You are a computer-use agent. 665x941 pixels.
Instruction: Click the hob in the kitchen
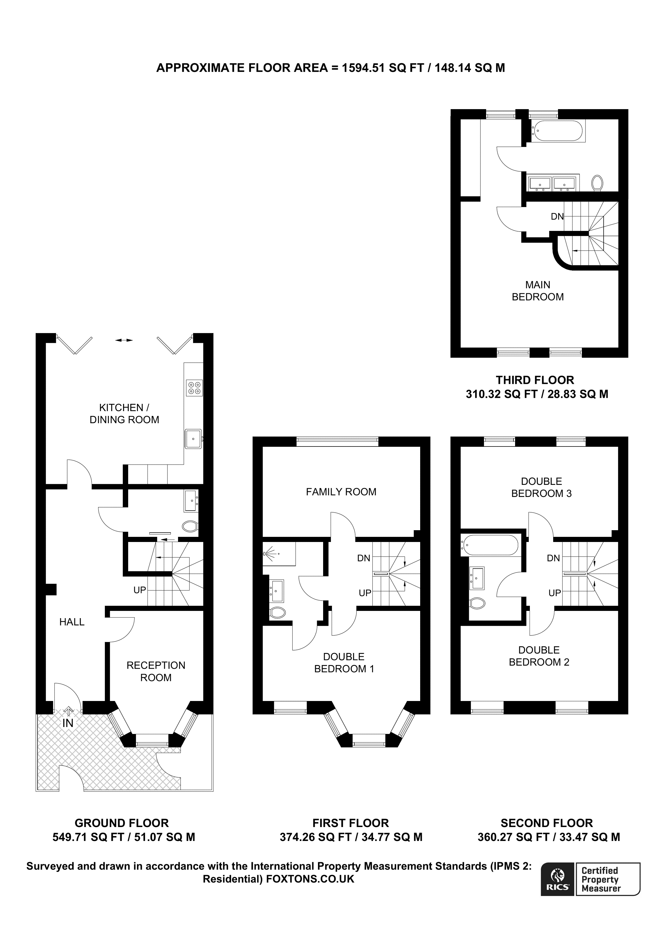point(194,388)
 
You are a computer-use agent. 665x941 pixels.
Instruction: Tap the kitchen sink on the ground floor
point(193,439)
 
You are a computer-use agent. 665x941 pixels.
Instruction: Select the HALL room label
point(72,622)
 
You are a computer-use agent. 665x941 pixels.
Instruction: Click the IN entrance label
point(68,723)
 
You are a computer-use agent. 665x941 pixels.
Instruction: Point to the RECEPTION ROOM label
point(156,671)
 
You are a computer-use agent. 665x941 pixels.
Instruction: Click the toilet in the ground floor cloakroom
point(190,526)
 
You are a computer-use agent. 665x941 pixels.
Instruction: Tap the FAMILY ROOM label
point(341,492)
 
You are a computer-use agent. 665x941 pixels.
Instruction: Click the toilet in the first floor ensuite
point(277,613)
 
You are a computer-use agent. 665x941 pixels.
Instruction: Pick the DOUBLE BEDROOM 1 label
point(344,663)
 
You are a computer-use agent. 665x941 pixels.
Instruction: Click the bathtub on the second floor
point(490,545)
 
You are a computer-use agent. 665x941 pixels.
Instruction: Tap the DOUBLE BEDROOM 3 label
point(541,487)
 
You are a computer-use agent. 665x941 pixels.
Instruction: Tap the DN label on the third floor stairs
point(557,216)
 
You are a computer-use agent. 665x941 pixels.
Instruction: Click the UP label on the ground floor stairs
point(140,590)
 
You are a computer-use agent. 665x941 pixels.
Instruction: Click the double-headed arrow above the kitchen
point(124,340)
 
